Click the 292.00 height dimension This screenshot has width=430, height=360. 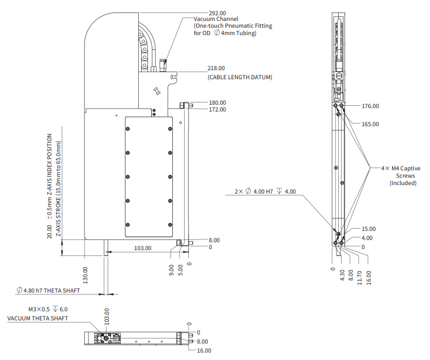217,12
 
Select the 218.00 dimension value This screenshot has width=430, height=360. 217,68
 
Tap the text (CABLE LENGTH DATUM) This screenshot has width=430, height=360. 240,77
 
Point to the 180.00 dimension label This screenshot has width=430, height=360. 217,103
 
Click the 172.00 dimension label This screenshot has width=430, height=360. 217,109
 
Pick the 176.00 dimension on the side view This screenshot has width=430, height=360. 370,106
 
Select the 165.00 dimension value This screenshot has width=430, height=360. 370,124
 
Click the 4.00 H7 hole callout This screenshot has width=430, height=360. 265,192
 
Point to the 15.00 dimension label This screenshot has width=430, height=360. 368,229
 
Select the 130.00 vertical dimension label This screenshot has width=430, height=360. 86,275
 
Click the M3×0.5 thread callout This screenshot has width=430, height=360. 48,310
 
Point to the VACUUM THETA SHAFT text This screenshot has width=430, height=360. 37,319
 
